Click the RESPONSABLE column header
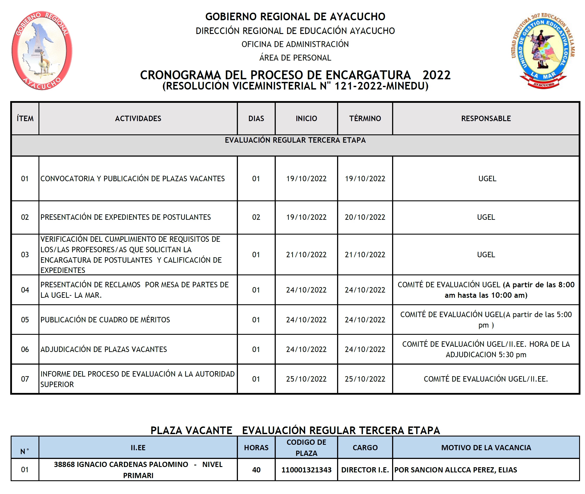click(486, 118)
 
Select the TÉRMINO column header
click(365, 118)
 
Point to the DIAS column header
click(256, 118)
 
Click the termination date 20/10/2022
click(365, 217)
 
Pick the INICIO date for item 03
click(306, 255)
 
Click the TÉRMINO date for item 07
click(365, 379)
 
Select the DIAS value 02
click(256, 217)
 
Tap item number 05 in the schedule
click(25, 320)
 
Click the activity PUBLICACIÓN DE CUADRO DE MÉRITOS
click(105, 320)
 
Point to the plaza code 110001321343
click(306, 470)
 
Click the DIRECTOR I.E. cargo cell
click(365, 470)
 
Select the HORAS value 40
click(256, 470)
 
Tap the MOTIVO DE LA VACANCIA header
click(486, 448)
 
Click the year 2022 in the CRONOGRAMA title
click(436, 75)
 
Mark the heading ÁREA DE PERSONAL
click(295, 58)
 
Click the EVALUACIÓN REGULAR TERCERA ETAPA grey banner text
click(295, 140)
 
